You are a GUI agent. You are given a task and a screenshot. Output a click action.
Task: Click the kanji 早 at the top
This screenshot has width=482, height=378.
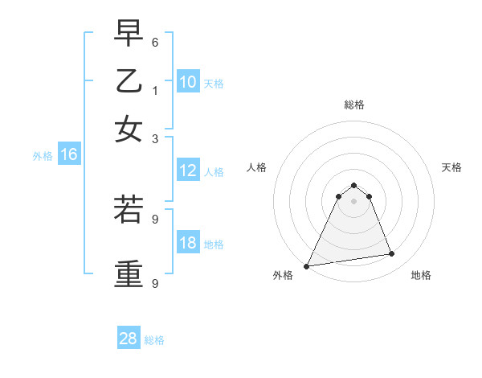(x=129, y=34)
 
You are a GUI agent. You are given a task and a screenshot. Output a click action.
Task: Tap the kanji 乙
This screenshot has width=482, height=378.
(x=129, y=81)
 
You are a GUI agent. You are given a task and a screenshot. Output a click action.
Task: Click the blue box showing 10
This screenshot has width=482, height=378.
(x=188, y=82)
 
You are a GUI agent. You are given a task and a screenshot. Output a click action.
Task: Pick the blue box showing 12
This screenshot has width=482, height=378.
(x=188, y=171)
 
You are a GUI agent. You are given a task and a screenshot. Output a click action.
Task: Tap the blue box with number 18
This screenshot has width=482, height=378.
(x=188, y=243)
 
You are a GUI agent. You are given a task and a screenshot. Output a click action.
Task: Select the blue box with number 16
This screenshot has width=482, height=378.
(x=69, y=155)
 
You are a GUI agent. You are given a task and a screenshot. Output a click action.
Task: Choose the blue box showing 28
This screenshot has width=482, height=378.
(x=129, y=339)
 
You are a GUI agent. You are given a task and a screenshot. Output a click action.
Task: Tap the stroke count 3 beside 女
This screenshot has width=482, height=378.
(x=155, y=138)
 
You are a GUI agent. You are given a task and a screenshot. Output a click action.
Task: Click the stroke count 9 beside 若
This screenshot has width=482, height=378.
(x=155, y=218)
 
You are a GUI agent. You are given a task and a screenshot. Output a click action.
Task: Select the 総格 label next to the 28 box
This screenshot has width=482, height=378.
(x=154, y=340)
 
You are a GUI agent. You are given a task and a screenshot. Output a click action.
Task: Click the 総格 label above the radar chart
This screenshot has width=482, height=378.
(x=353, y=105)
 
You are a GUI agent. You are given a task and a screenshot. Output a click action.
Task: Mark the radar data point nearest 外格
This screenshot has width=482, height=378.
(x=307, y=266)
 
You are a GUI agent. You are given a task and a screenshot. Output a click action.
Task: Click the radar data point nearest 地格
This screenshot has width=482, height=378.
(x=392, y=254)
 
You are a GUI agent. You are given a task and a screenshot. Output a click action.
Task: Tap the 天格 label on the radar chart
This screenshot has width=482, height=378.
(x=451, y=167)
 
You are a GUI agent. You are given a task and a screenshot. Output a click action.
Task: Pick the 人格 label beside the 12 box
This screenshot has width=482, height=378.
(x=214, y=172)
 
